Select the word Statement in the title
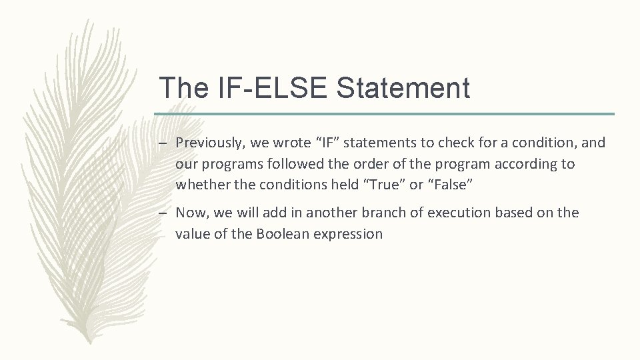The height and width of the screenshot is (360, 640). click(x=403, y=88)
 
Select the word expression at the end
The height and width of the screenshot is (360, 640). click(x=349, y=234)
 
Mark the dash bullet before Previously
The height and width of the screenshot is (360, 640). click(x=163, y=143)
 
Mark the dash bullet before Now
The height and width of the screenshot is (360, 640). click(x=163, y=213)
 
